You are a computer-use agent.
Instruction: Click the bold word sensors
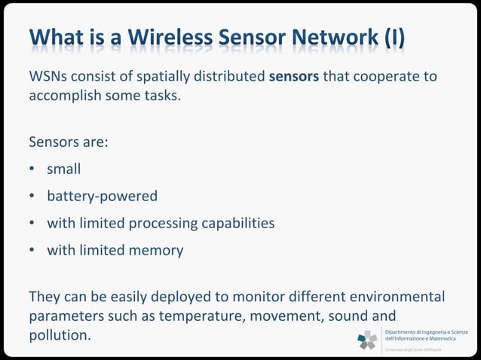coord(294,78)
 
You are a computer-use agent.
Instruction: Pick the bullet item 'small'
coord(64,169)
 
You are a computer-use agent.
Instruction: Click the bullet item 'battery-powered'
coord(103,197)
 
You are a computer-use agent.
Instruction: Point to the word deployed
coord(185,296)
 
